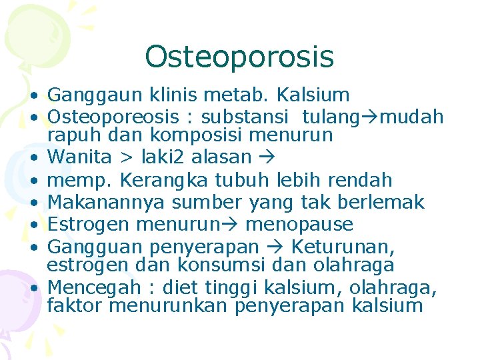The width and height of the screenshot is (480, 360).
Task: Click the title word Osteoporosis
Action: pyautogui.click(x=239, y=57)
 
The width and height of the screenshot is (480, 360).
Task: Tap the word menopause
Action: pyautogui.click(x=299, y=225)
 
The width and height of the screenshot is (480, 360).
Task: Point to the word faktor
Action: pyautogui.click(x=75, y=306)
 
